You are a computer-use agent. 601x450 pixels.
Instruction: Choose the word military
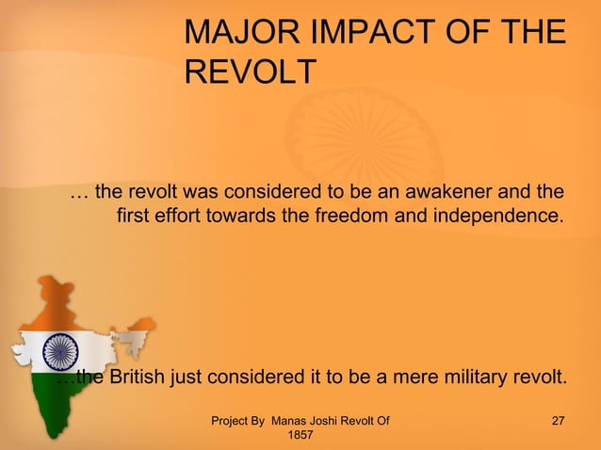[455, 378]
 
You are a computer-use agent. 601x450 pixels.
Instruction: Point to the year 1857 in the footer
[300, 436]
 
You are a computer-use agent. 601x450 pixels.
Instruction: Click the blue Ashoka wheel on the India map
[60, 352]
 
